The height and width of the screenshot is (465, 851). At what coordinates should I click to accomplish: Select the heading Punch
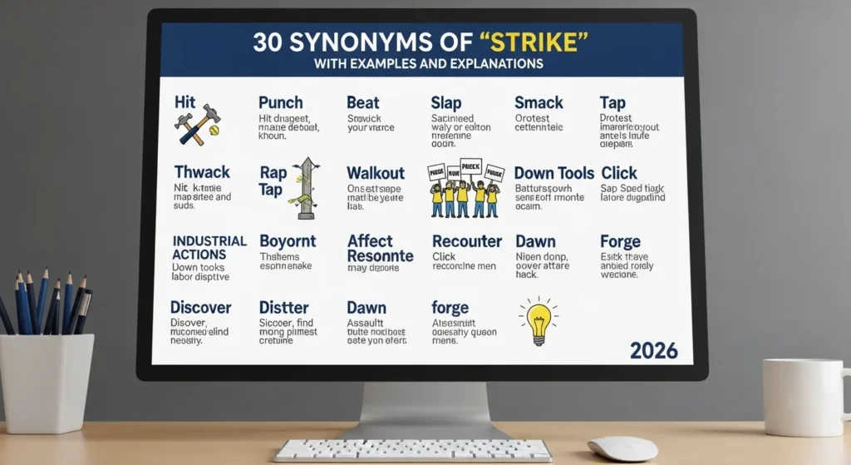tap(281, 102)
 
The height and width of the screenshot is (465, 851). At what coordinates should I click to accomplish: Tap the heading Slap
tap(446, 102)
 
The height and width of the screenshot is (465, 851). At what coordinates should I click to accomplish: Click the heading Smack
tap(539, 102)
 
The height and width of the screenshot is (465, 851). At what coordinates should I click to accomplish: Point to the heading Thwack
tap(202, 172)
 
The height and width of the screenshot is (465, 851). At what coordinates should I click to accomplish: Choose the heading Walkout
tap(376, 173)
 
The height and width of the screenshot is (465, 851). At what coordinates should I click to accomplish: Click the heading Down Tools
tap(553, 173)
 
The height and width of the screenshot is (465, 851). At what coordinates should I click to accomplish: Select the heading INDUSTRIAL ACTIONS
tap(209, 247)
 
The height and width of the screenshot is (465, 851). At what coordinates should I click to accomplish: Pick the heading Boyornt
tap(288, 241)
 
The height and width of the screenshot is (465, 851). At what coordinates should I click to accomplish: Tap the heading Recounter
tap(467, 241)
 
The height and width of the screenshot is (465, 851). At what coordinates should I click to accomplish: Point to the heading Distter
tap(283, 308)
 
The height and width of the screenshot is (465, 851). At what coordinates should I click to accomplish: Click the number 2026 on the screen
tap(653, 350)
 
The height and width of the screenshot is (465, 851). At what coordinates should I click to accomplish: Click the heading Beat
tap(362, 102)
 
